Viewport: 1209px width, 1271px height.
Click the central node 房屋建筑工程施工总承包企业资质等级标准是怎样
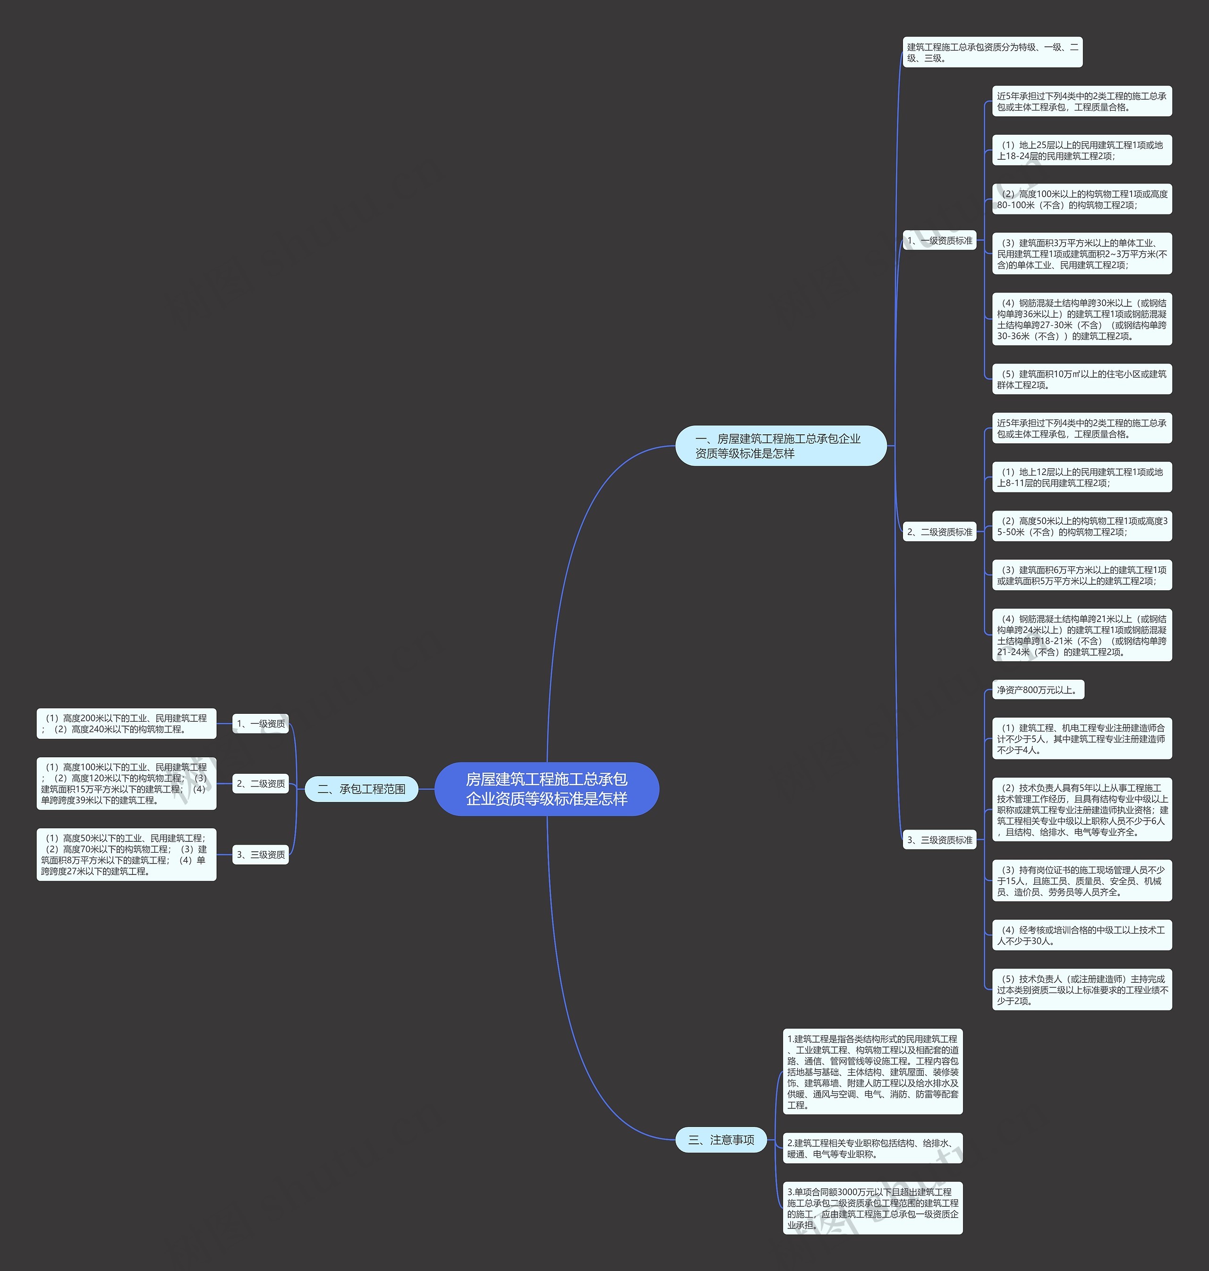tap(546, 789)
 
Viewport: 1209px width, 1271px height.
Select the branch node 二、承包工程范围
tap(362, 789)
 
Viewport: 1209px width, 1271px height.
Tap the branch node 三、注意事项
tap(721, 1140)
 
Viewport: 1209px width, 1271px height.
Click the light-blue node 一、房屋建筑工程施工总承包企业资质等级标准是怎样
tap(781, 446)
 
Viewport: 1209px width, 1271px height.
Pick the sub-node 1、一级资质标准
tap(940, 241)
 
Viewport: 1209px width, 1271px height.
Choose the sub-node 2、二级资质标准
tap(940, 532)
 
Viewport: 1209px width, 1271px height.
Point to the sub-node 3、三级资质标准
tap(940, 839)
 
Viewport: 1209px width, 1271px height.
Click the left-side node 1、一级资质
tap(260, 724)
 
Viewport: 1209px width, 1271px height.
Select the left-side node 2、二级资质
tap(260, 784)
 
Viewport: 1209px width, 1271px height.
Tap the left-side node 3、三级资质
tap(260, 855)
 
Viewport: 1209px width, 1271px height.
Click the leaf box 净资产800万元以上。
tap(1038, 689)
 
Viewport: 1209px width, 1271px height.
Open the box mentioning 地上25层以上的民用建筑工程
tap(1082, 150)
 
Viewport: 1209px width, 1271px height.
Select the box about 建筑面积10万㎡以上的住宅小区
tap(1082, 379)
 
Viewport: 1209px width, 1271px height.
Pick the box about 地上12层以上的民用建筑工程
tap(1082, 477)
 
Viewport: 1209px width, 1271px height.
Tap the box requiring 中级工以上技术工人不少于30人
tap(1082, 935)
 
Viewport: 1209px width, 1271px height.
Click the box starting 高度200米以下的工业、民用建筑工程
tap(126, 724)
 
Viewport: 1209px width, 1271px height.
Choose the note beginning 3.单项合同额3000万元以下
tap(873, 1208)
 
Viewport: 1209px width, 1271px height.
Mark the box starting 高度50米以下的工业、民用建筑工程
tap(126, 855)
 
